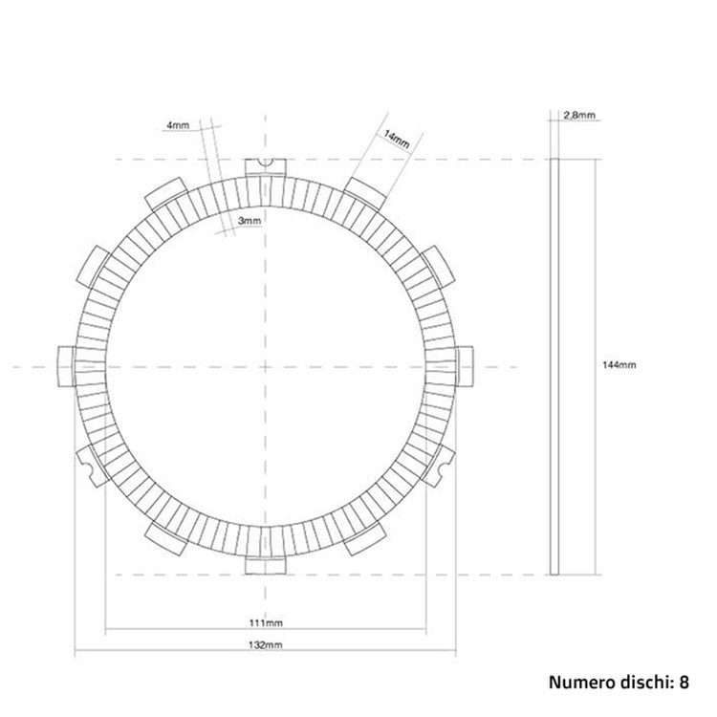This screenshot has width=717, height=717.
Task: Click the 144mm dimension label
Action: click(x=619, y=365)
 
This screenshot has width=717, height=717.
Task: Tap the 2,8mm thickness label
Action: click(x=579, y=116)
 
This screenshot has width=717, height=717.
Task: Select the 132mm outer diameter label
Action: click(x=265, y=644)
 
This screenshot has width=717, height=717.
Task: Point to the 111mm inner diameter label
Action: click(x=266, y=622)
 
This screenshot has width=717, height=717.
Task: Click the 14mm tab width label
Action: click(x=397, y=139)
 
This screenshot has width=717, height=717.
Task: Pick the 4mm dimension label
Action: click(x=178, y=125)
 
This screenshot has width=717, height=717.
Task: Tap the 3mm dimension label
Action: click(x=250, y=221)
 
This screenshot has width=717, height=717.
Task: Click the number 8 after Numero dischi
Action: click(x=684, y=682)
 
